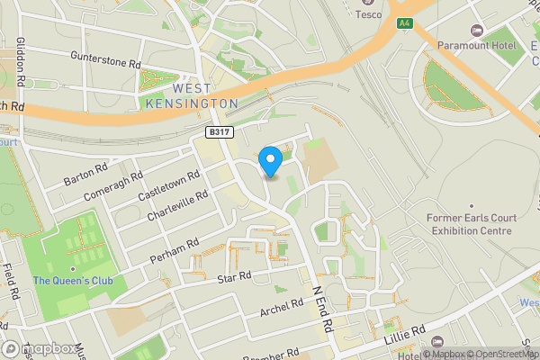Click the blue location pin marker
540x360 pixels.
[271, 161]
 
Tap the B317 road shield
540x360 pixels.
[214, 132]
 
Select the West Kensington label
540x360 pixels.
[191, 96]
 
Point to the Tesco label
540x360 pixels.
[367, 13]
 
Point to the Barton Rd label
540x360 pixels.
[87, 175]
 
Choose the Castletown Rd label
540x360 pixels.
[168, 184]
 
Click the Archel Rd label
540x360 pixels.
[282, 309]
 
